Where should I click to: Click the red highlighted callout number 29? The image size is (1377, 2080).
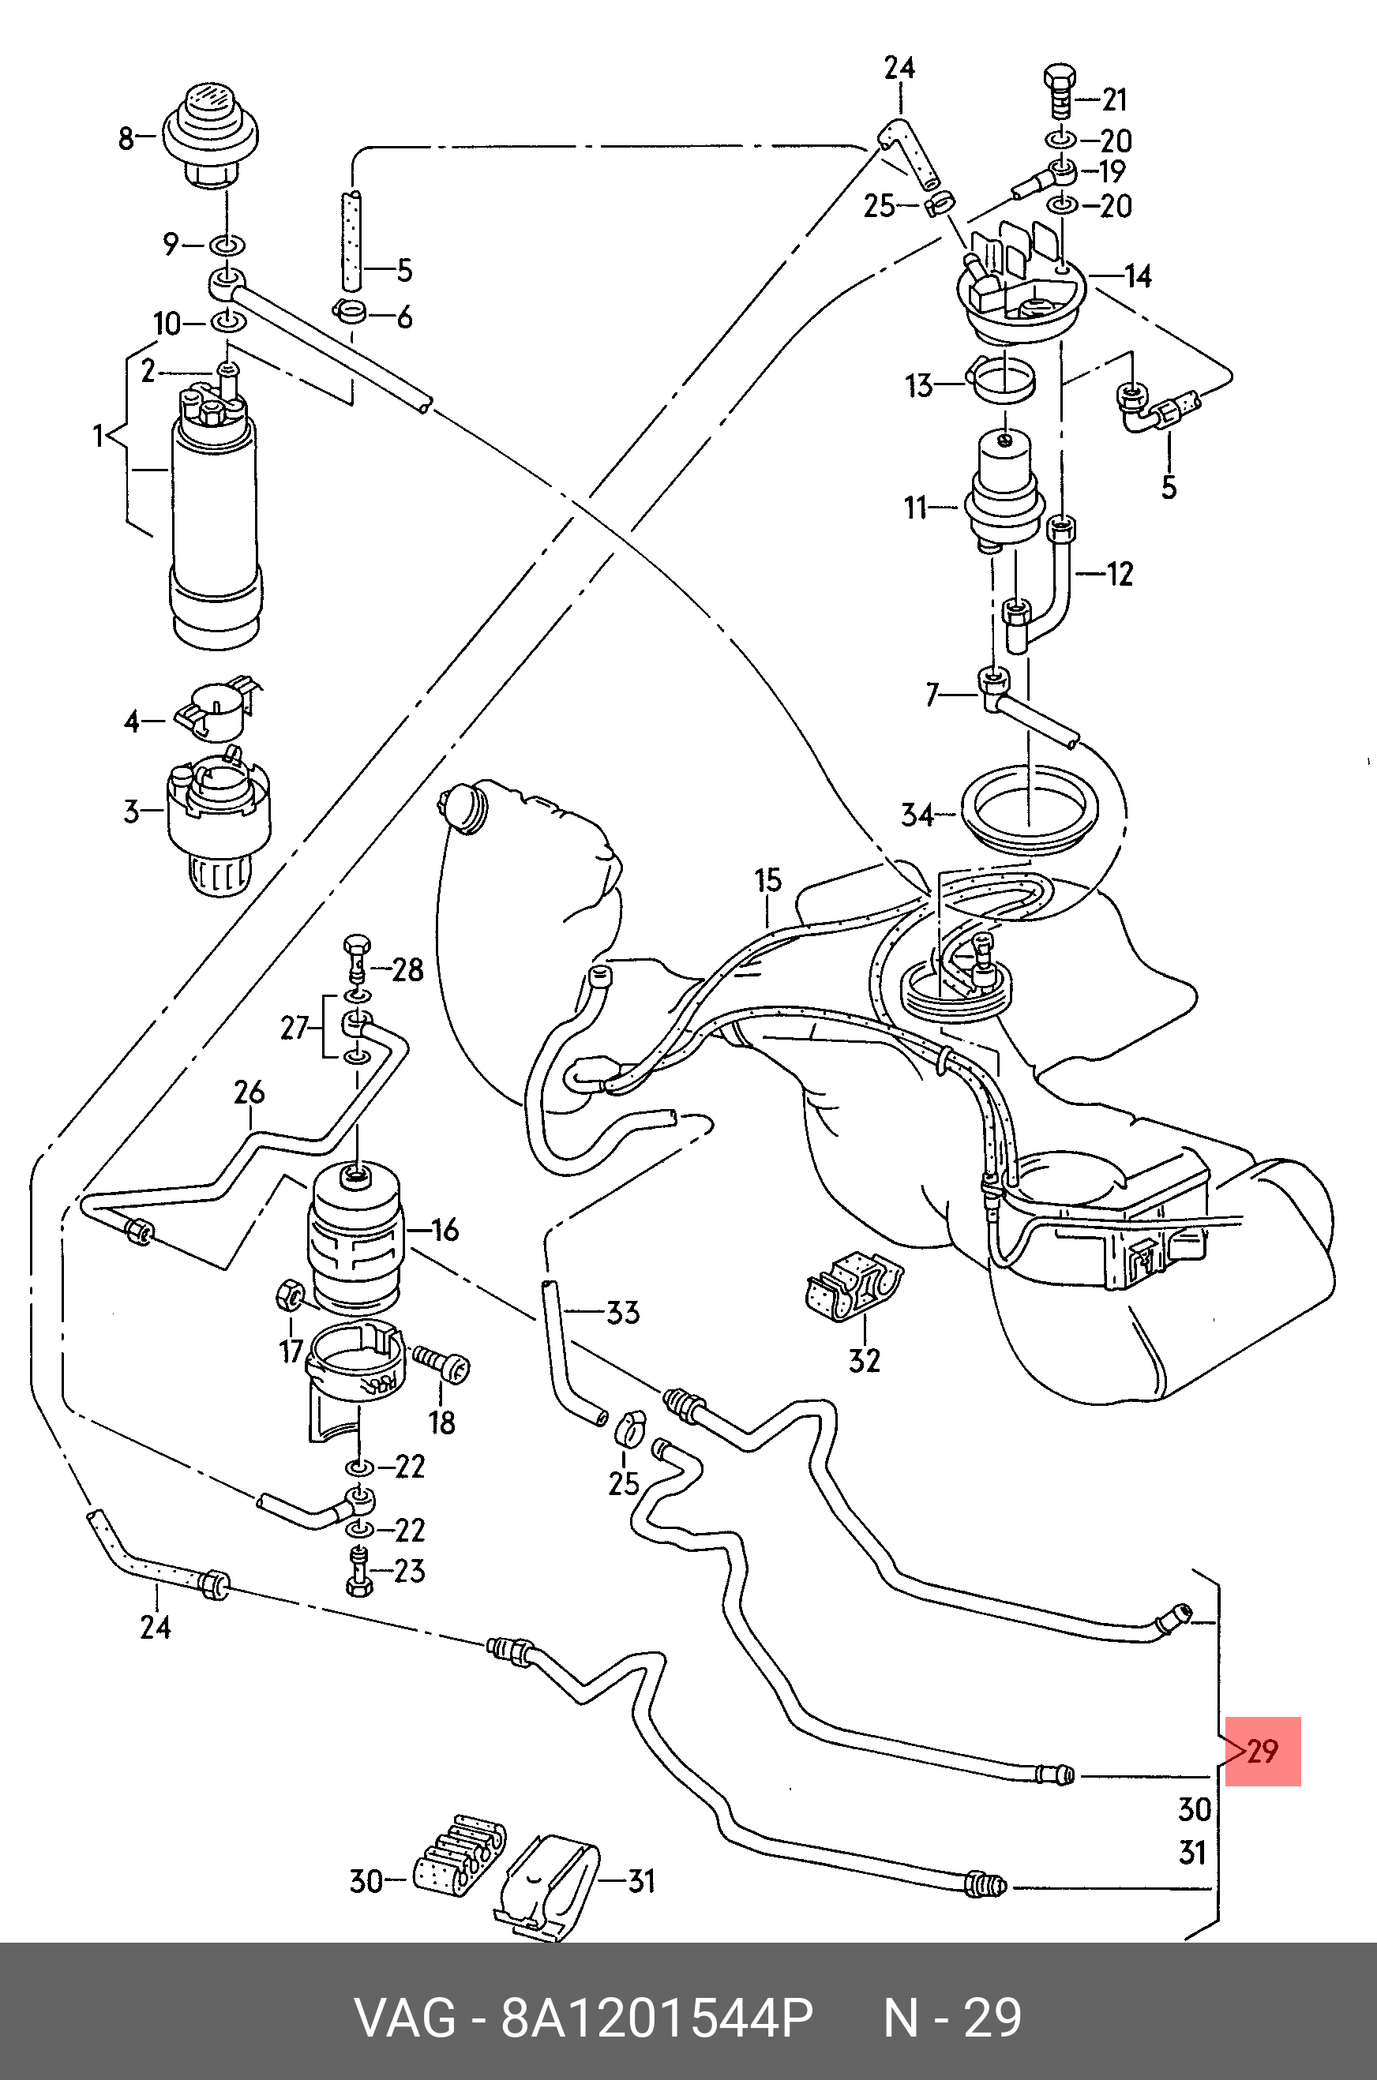pos(1262,1752)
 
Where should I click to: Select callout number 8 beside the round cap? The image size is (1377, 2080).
pos(126,138)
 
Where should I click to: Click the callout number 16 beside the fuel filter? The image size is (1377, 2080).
pos(445,1230)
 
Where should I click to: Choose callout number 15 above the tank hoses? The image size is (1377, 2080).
pos(767,880)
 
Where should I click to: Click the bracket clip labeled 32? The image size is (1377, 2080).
pos(853,1288)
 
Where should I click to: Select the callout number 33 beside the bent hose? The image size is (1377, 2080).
pos(623,1313)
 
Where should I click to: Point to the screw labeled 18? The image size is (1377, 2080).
pos(443,1366)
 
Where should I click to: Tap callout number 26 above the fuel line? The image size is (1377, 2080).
pos(250,1092)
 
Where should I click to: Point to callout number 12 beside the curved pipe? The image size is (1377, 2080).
pos(1119,574)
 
